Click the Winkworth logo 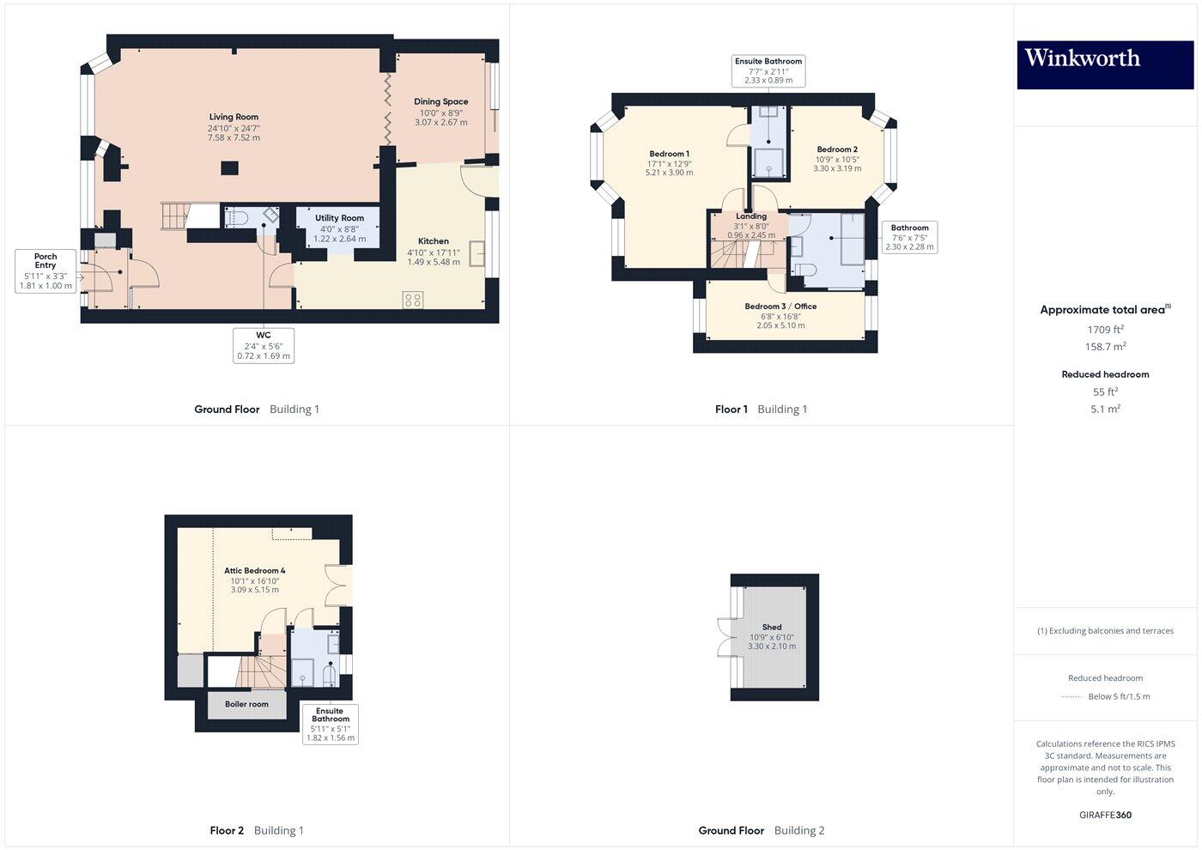[1105, 64]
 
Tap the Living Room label [234, 118]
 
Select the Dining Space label [441, 102]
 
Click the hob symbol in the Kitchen [413, 300]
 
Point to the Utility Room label [339, 218]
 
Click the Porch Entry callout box [46, 271]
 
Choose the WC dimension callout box [264, 345]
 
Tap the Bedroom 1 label [669, 155]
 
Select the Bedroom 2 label [837, 149]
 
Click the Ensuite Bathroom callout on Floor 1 [768, 71]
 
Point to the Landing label [751, 216]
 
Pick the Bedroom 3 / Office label [780, 307]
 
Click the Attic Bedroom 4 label [255, 571]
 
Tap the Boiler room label [247, 705]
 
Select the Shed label [772, 628]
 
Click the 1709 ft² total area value [1105, 330]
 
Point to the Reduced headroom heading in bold [1105, 374]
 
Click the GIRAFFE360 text [1105, 815]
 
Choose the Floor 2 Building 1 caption [257, 830]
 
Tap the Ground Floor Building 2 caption [762, 830]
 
